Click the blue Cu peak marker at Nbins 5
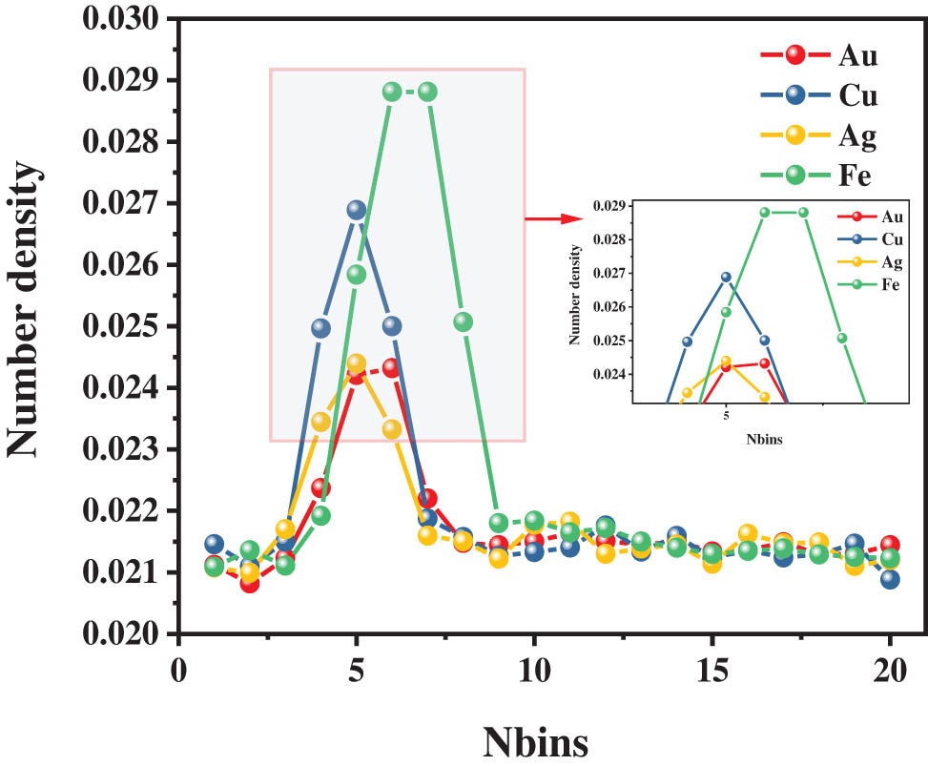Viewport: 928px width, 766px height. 356,210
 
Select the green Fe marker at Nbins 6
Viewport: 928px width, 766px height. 392,92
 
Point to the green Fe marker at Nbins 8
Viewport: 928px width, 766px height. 464,321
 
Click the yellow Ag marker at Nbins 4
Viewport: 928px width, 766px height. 320,422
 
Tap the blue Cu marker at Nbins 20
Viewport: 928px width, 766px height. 890,579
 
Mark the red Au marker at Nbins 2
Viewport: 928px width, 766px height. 250,583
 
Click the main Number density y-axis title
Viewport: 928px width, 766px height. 27,307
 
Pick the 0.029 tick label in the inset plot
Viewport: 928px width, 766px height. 609,205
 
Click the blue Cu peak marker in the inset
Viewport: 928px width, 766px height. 726,277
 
